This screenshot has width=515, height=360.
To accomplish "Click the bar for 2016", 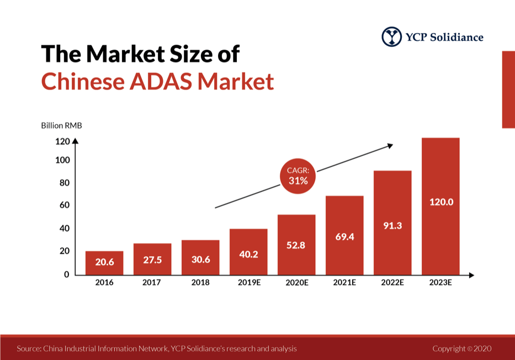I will [104, 263].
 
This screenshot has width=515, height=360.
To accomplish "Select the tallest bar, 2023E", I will [440, 206].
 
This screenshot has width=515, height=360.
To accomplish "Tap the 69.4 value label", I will [344, 237].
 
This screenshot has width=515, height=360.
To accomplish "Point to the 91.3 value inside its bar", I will [392, 225].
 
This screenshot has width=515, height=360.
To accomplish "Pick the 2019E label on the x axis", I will [248, 283].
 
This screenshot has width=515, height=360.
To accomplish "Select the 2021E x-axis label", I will [344, 283].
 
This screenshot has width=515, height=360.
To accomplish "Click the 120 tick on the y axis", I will [62, 141].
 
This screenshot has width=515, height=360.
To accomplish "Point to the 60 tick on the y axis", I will [64, 205].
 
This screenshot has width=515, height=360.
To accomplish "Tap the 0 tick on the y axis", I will [66, 274].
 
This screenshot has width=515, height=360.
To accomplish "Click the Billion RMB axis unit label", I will [61, 125].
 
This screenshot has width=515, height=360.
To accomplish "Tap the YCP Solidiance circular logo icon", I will [392, 37].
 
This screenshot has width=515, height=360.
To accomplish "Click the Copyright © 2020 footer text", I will [461, 349].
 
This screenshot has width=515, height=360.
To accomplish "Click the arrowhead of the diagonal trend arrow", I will [390, 145].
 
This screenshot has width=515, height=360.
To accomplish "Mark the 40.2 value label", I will [248, 255].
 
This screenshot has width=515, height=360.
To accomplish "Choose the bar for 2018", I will [200, 257].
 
